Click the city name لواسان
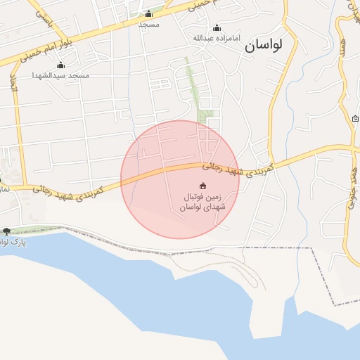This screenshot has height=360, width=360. point(264,47)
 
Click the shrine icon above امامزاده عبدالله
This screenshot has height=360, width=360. point(216,27)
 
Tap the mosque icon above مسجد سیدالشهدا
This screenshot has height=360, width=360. point(60,65)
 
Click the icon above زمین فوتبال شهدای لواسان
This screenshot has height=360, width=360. point(203,186)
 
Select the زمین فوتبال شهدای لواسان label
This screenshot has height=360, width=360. point(201,202)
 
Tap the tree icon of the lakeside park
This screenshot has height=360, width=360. point(7,231)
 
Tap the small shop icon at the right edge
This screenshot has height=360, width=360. point(355,119)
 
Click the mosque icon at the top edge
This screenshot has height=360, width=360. point(148,14)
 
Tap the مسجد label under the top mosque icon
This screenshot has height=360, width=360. point(148,25)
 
